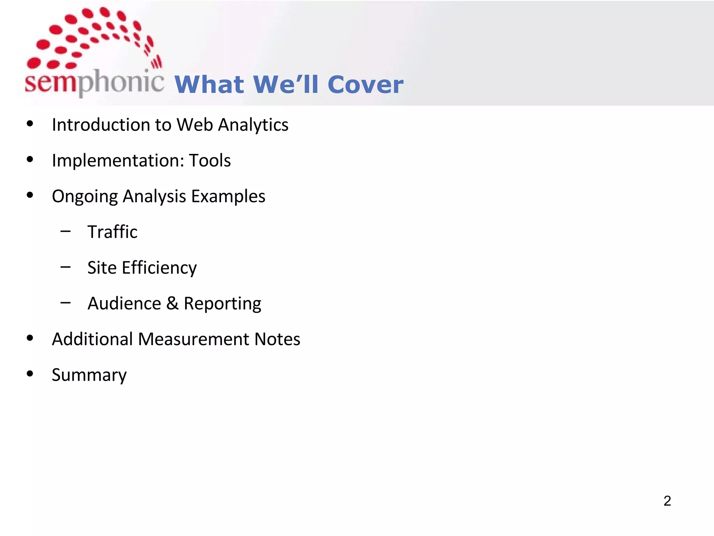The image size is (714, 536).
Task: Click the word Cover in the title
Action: [x=365, y=85]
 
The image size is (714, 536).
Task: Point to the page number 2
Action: [x=667, y=501]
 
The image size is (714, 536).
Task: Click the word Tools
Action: [x=210, y=161]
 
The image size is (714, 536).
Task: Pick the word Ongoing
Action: [x=85, y=196]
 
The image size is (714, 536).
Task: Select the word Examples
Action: [x=228, y=196]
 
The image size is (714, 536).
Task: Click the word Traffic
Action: [x=112, y=232]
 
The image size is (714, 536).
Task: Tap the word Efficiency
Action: [x=159, y=268]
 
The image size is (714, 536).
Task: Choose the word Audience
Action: [x=124, y=303]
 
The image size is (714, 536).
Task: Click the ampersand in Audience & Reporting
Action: [x=172, y=303]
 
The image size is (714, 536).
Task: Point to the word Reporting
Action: [x=222, y=304]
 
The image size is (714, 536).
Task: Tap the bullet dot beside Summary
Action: [x=30, y=374]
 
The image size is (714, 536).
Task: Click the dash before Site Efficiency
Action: [x=65, y=267]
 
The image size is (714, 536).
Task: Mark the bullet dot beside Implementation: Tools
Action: [x=30, y=159]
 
